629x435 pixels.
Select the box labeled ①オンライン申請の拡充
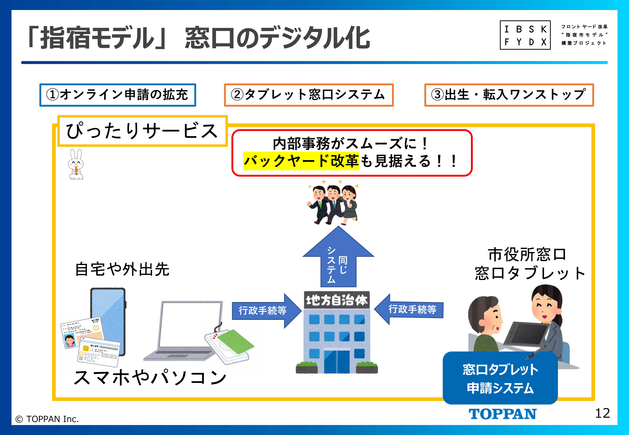(118, 95)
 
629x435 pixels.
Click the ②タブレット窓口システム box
(309, 95)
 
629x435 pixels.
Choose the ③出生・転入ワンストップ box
(509, 95)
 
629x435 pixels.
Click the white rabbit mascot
(76, 164)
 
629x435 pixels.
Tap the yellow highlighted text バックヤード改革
(301, 161)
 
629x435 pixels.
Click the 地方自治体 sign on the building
(337, 300)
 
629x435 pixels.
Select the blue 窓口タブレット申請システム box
(500, 378)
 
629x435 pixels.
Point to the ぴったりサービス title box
(142, 131)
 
